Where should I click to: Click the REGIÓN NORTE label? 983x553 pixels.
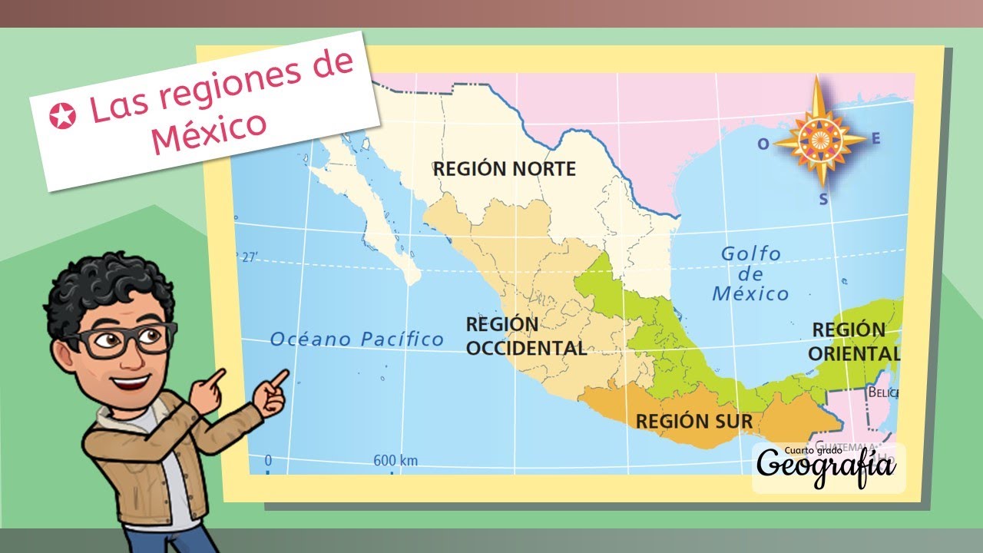click(x=504, y=168)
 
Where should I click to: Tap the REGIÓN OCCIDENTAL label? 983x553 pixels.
click(x=525, y=336)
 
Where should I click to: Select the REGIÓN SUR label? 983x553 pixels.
click(x=693, y=421)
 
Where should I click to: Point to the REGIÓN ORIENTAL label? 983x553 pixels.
click(x=853, y=342)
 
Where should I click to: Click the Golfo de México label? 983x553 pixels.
click(x=750, y=273)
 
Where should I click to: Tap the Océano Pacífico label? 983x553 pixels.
click(x=357, y=339)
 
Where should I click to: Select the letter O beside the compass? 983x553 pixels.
click(x=763, y=144)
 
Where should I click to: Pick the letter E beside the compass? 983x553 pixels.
click(x=875, y=139)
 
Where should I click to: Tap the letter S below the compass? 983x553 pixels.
click(x=823, y=200)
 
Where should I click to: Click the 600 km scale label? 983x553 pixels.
click(x=395, y=461)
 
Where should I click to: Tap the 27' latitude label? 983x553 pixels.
click(x=247, y=258)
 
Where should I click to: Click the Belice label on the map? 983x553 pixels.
click(x=882, y=392)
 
